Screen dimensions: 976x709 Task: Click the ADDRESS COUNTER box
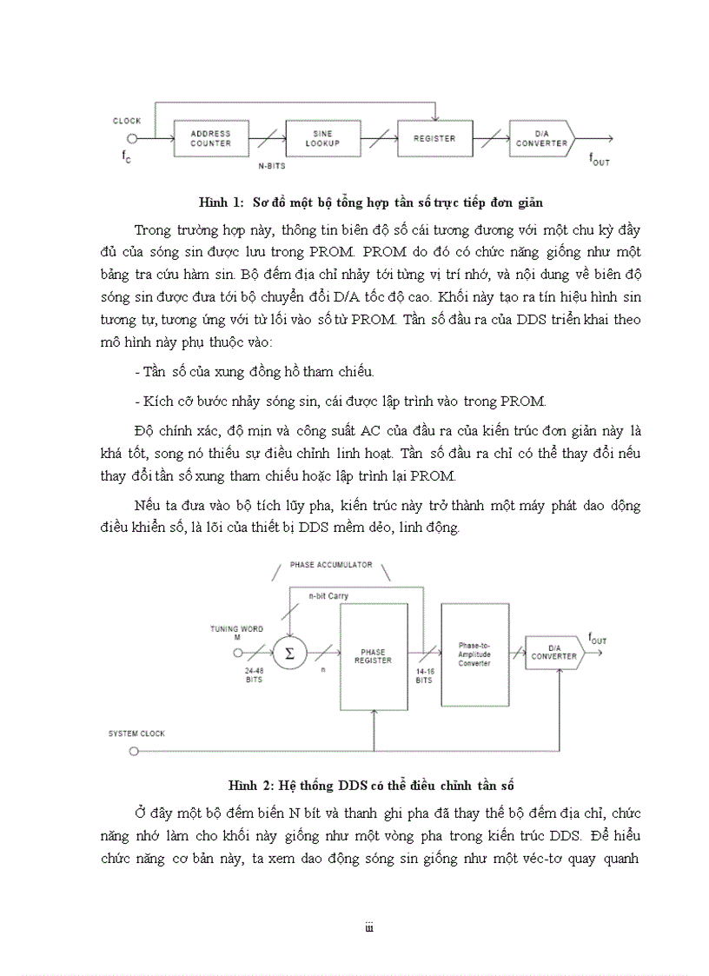click(210, 138)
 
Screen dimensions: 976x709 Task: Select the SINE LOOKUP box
click(322, 138)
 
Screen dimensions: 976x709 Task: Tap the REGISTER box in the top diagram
click(434, 138)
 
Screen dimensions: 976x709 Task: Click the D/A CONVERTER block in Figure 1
click(540, 138)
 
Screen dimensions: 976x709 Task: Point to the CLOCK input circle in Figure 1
click(133, 138)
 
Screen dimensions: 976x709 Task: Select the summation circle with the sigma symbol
click(290, 654)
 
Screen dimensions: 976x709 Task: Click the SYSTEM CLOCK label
click(136, 734)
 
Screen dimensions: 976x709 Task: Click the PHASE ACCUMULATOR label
click(331, 565)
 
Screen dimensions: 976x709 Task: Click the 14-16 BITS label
click(424, 676)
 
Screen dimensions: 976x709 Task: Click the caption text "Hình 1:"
click(218, 203)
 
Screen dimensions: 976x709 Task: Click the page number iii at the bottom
click(368, 929)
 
